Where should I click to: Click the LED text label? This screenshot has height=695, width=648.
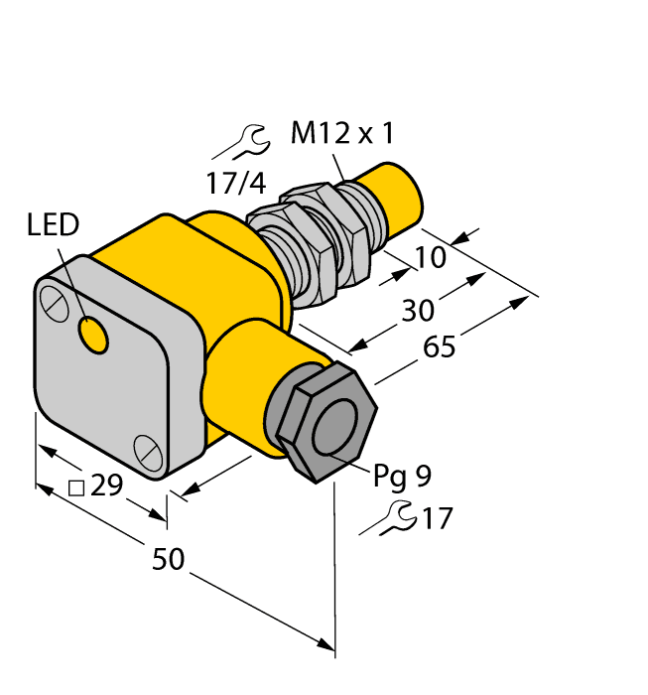click(x=53, y=225)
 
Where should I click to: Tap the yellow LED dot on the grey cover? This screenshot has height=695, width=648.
click(x=94, y=336)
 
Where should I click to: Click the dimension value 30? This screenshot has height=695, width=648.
click(x=418, y=311)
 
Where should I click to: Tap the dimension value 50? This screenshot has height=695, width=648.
click(x=170, y=560)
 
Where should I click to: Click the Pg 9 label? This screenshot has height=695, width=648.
click(x=402, y=478)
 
